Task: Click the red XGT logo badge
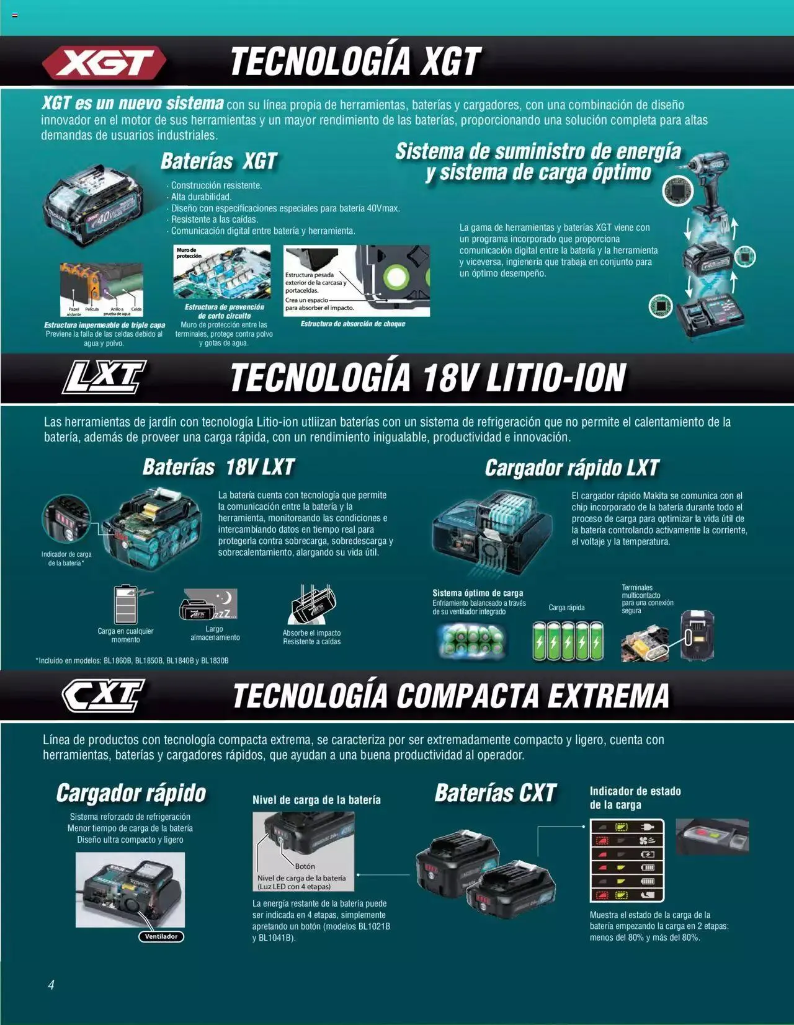point(104,63)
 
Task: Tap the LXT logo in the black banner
point(104,377)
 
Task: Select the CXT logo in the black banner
point(104,695)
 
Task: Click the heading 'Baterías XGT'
point(218,162)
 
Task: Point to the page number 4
point(51,985)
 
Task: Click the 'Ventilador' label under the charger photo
point(161,936)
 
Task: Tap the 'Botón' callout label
point(305,866)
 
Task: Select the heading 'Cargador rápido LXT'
point(571,468)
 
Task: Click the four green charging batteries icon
point(568,642)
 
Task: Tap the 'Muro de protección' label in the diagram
point(189,253)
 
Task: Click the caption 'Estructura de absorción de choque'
point(352,324)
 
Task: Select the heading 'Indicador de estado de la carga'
point(635,797)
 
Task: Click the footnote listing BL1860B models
point(132,660)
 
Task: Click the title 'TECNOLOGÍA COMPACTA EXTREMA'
point(451,696)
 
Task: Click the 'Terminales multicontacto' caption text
point(647,599)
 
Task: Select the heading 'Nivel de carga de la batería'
point(316,800)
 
